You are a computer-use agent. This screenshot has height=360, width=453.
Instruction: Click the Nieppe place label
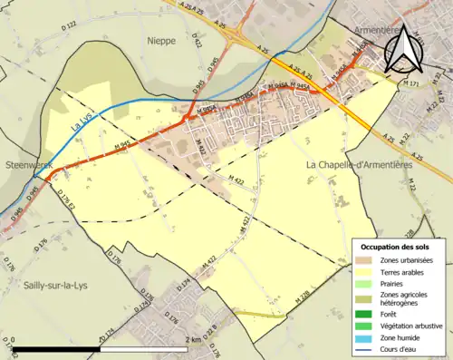pyautogui.click(x=163, y=41)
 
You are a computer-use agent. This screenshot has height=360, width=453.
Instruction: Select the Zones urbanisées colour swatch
pyautogui.click(x=364, y=261)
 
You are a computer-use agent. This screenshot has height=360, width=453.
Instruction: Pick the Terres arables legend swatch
pyautogui.click(x=364, y=272)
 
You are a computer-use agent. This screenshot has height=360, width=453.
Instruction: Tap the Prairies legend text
pyautogui.click(x=393, y=284)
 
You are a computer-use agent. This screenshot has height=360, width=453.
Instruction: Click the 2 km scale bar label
pyautogui.click(x=192, y=340)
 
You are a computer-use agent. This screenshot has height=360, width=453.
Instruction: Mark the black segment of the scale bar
pyautogui.click(x=56, y=349)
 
